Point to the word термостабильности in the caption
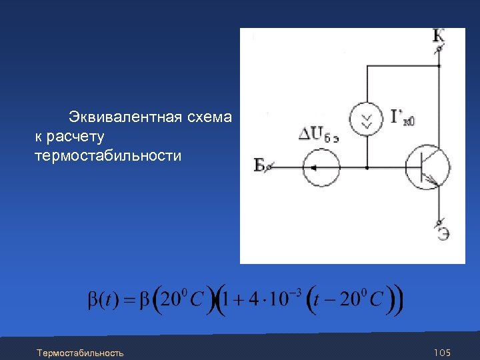[x=107, y=156]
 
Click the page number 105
[x=443, y=352]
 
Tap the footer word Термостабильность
[x=80, y=352]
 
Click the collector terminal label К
[x=439, y=36]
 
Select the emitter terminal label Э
[x=442, y=233]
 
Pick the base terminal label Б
[x=260, y=165]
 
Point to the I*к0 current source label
[x=403, y=119]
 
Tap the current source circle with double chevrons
[x=367, y=119]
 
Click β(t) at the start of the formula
[x=104, y=299]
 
